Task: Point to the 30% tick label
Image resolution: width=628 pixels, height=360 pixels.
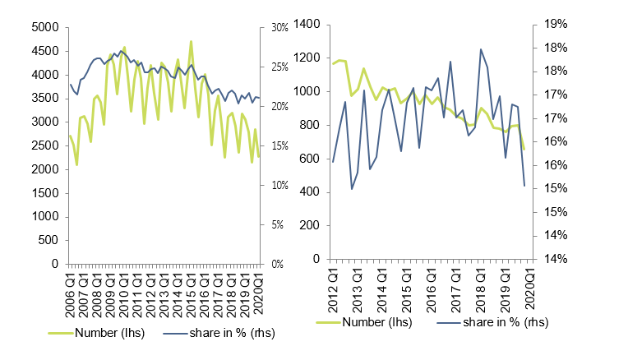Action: click(x=279, y=27)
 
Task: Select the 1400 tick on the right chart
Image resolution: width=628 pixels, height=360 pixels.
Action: click(x=306, y=25)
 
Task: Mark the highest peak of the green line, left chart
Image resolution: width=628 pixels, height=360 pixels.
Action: click(x=191, y=41)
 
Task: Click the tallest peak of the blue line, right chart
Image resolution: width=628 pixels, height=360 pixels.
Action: click(x=481, y=49)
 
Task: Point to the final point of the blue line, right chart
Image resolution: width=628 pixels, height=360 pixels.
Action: click(x=524, y=186)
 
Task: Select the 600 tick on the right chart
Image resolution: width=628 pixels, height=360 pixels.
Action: click(x=309, y=159)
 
